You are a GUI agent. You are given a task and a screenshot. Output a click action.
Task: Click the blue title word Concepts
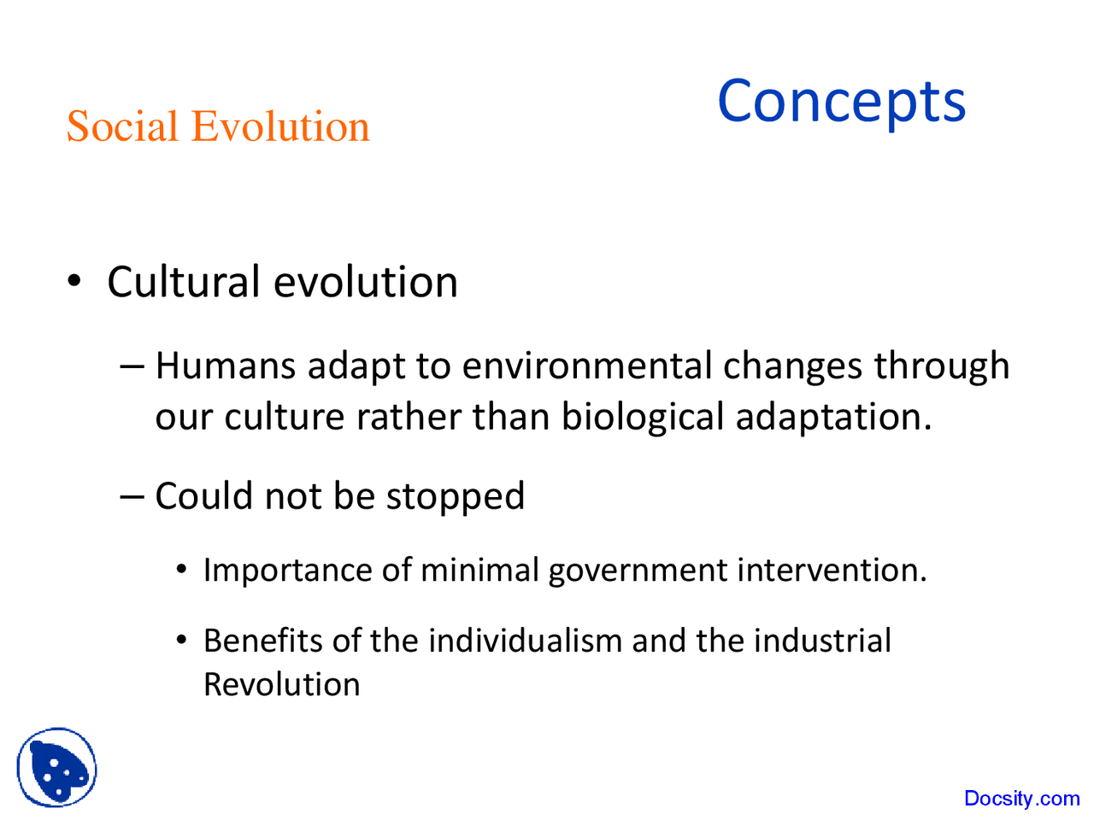pyautogui.click(x=841, y=102)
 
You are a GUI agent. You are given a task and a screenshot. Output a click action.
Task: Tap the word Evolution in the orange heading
pyautogui.click(x=280, y=126)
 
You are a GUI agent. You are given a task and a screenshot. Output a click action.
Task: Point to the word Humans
pyautogui.click(x=225, y=366)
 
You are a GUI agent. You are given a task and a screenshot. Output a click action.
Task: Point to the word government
pyautogui.click(x=638, y=570)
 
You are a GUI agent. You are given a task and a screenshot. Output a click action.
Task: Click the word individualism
pyautogui.click(x=525, y=640)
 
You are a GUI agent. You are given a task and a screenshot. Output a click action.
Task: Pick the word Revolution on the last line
pyautogui.click(x=281, y=684)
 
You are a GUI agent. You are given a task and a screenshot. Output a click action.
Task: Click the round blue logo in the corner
pyautogui.click(x=56, y=768)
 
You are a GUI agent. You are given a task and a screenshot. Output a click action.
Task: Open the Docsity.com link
pyautogui.click(x=1021, y=799)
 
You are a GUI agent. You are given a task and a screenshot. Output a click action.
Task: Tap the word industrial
pyautogui.click(x=821, y=640)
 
